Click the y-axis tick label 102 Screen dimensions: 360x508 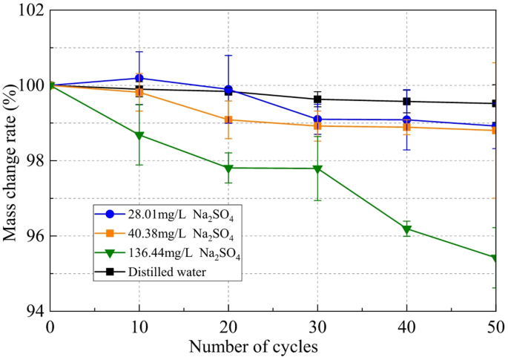click(31, 11)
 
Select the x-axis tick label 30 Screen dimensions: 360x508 click(317, 327)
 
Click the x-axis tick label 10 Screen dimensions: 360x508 click(139, 327)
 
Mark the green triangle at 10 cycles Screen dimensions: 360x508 click(139, 135)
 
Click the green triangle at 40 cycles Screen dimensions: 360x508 click(406, 229)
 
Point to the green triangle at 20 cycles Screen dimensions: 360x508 click(228, 168)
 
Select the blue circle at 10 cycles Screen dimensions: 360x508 click(139, 78)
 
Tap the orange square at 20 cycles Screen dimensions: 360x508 click(228, 120)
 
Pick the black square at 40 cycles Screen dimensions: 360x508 click(406, 102)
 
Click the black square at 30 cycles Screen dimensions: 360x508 click(317, 99)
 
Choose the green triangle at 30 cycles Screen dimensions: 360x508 click(317, 169)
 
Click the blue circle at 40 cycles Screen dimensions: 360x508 click(406, 120)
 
